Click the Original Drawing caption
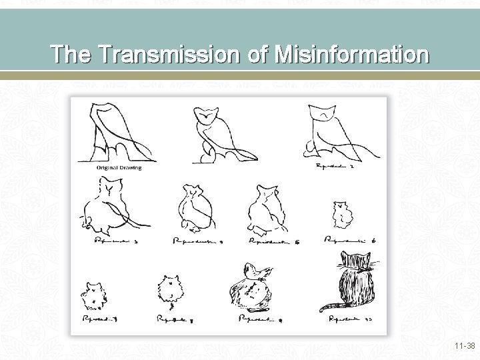click(x=119, y=168)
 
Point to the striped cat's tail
click(x=329, y=307)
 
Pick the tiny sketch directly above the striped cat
click(x=342, y=214)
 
